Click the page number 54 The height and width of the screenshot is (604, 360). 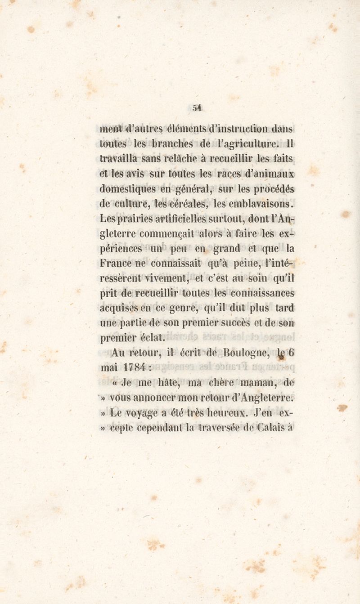(197, 108)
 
